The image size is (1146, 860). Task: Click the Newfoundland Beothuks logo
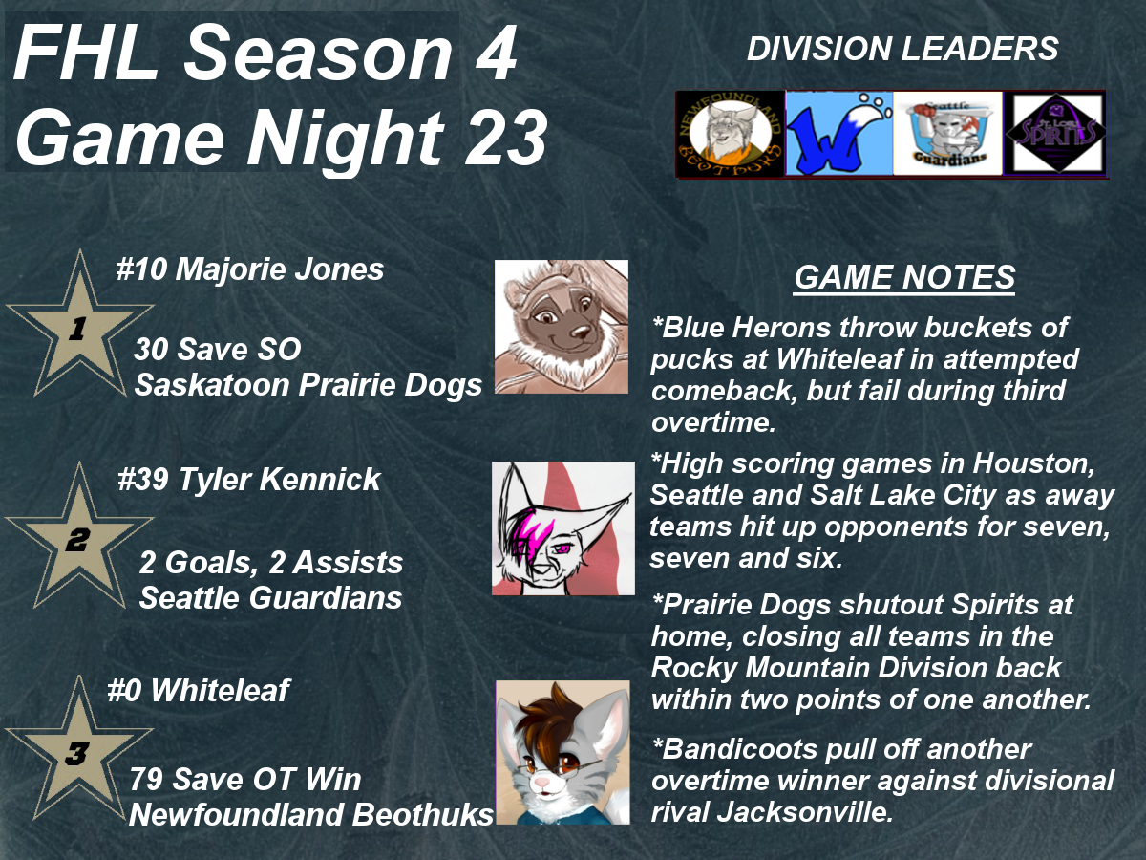coord(731,134)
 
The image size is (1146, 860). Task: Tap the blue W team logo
coord(839,134)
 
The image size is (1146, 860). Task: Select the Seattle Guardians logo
coord(948,134)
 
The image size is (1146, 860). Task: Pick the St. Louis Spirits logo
coord(1055,134)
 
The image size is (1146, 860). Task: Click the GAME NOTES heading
coord(904,277)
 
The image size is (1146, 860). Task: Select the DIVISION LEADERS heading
coord(902,49)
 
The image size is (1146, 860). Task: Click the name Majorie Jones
coord(279,270)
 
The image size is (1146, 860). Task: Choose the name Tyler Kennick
coord(279,480)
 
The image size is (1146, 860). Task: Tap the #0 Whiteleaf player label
coord(199,690)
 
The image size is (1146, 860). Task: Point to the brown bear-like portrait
coord(562,327)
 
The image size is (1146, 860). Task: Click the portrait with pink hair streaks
coord(563,528)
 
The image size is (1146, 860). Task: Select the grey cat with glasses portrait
coord(562,752)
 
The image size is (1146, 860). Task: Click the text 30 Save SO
coord(218,349)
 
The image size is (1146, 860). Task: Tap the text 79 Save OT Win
coord(245,780)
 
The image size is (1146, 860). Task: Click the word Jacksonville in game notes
coord(804,812)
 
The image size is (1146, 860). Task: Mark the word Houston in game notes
coord(1033,463)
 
